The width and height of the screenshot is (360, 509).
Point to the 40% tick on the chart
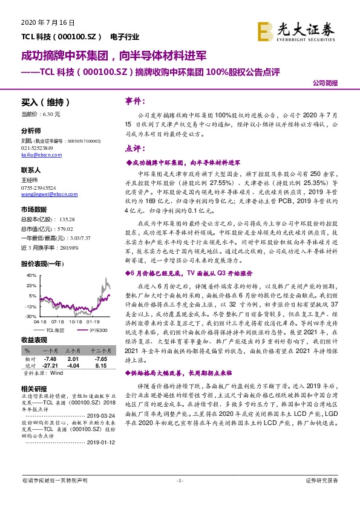[x=28, y=276]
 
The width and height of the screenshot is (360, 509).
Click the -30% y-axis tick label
[x=28, y=316]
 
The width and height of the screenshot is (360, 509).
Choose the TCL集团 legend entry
[x=51, y=330]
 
